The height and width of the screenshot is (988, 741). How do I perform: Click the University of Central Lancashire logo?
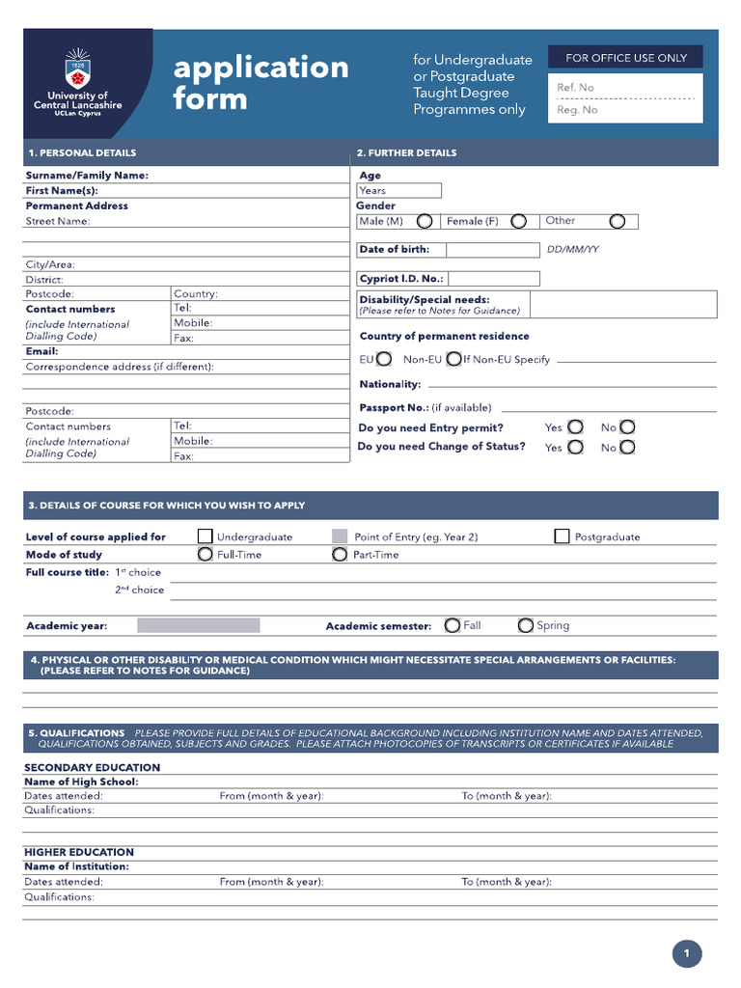pos(78,82)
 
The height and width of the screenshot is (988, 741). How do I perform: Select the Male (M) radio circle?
pos(425,222)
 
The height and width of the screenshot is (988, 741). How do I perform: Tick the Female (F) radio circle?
pos(519,222)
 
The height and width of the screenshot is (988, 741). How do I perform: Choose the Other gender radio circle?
pos(617,222)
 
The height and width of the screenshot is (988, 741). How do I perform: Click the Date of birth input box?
pos(493,250)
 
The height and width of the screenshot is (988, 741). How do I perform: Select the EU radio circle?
pos(384,360)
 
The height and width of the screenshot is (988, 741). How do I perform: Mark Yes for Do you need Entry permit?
pos(575,426)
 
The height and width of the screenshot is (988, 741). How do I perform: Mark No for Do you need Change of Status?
pos(627,447)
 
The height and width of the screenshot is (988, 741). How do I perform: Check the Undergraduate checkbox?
pos(205,536)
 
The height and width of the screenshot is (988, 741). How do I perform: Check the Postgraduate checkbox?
pos(562,536)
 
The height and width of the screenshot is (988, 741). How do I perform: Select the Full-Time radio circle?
pos(205,555)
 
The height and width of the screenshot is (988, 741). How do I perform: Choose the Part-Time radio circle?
pos(340,555)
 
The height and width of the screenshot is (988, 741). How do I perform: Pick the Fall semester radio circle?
pos(453,625)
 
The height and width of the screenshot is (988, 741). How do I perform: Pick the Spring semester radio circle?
pos(526,625)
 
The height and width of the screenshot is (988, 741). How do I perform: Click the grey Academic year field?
pos(198,625)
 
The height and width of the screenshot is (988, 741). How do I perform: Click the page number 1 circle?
pos(686,954)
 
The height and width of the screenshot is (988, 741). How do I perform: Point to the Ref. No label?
pos(576,88)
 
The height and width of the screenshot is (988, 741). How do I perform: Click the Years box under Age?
pos(398,191)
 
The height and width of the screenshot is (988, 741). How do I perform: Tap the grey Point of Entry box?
pos(340,536)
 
